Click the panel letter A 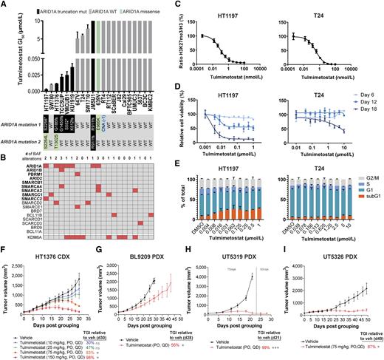(4, 5)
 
